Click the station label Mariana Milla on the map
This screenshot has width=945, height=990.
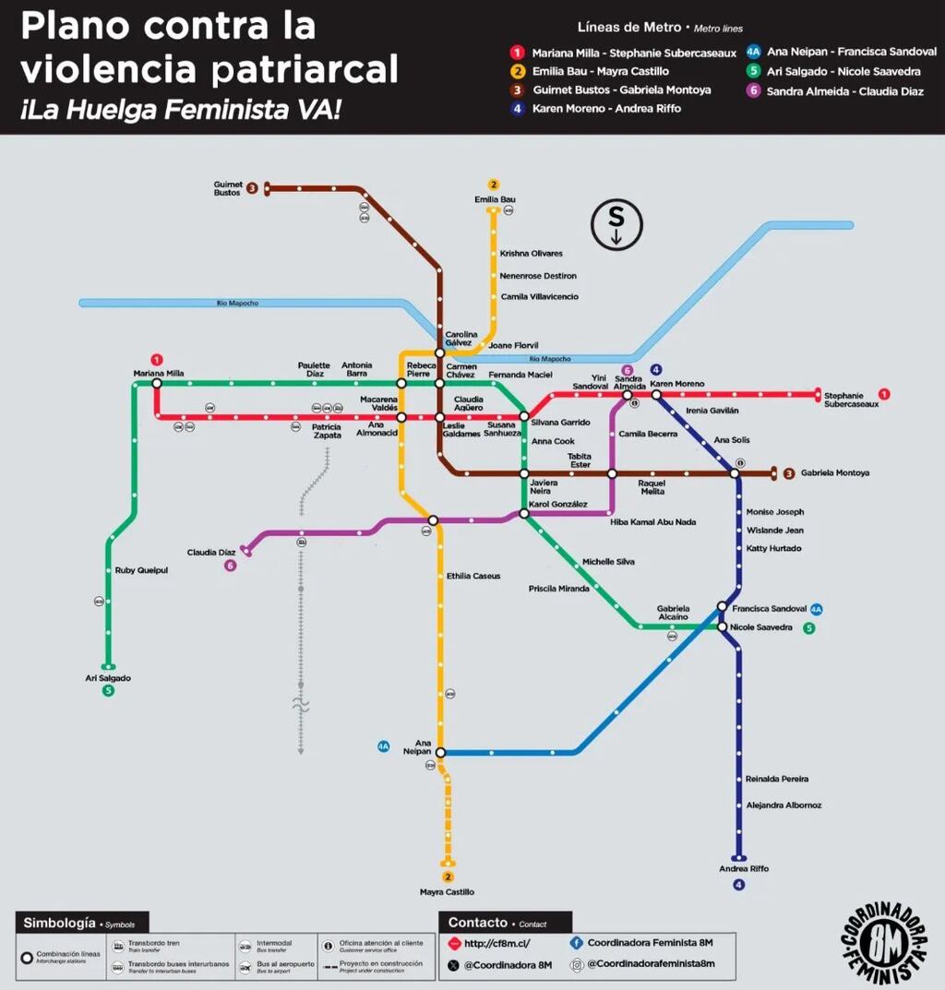pos(159,373)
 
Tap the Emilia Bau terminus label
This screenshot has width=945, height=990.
pos(495,199)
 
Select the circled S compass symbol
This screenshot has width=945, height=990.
pos(616,224)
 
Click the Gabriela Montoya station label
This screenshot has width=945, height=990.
pos(834,473)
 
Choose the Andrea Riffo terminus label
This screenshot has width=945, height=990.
pos(743,869)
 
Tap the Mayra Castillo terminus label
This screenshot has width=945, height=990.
pos(447,892)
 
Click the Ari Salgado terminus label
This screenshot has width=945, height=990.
pos(108,678)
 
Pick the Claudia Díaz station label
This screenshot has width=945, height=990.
pos(211,553)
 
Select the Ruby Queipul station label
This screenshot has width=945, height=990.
pos(141,570)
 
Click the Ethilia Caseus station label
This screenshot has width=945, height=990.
pos(473,576)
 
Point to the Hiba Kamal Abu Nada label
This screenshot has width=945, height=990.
pos(652,522)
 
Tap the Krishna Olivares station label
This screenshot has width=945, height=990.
pos(531,253)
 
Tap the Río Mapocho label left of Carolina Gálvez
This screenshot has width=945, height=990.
pos(237,303)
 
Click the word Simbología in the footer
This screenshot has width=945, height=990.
pos(59,923)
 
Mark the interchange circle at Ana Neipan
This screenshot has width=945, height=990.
pos(439,752)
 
